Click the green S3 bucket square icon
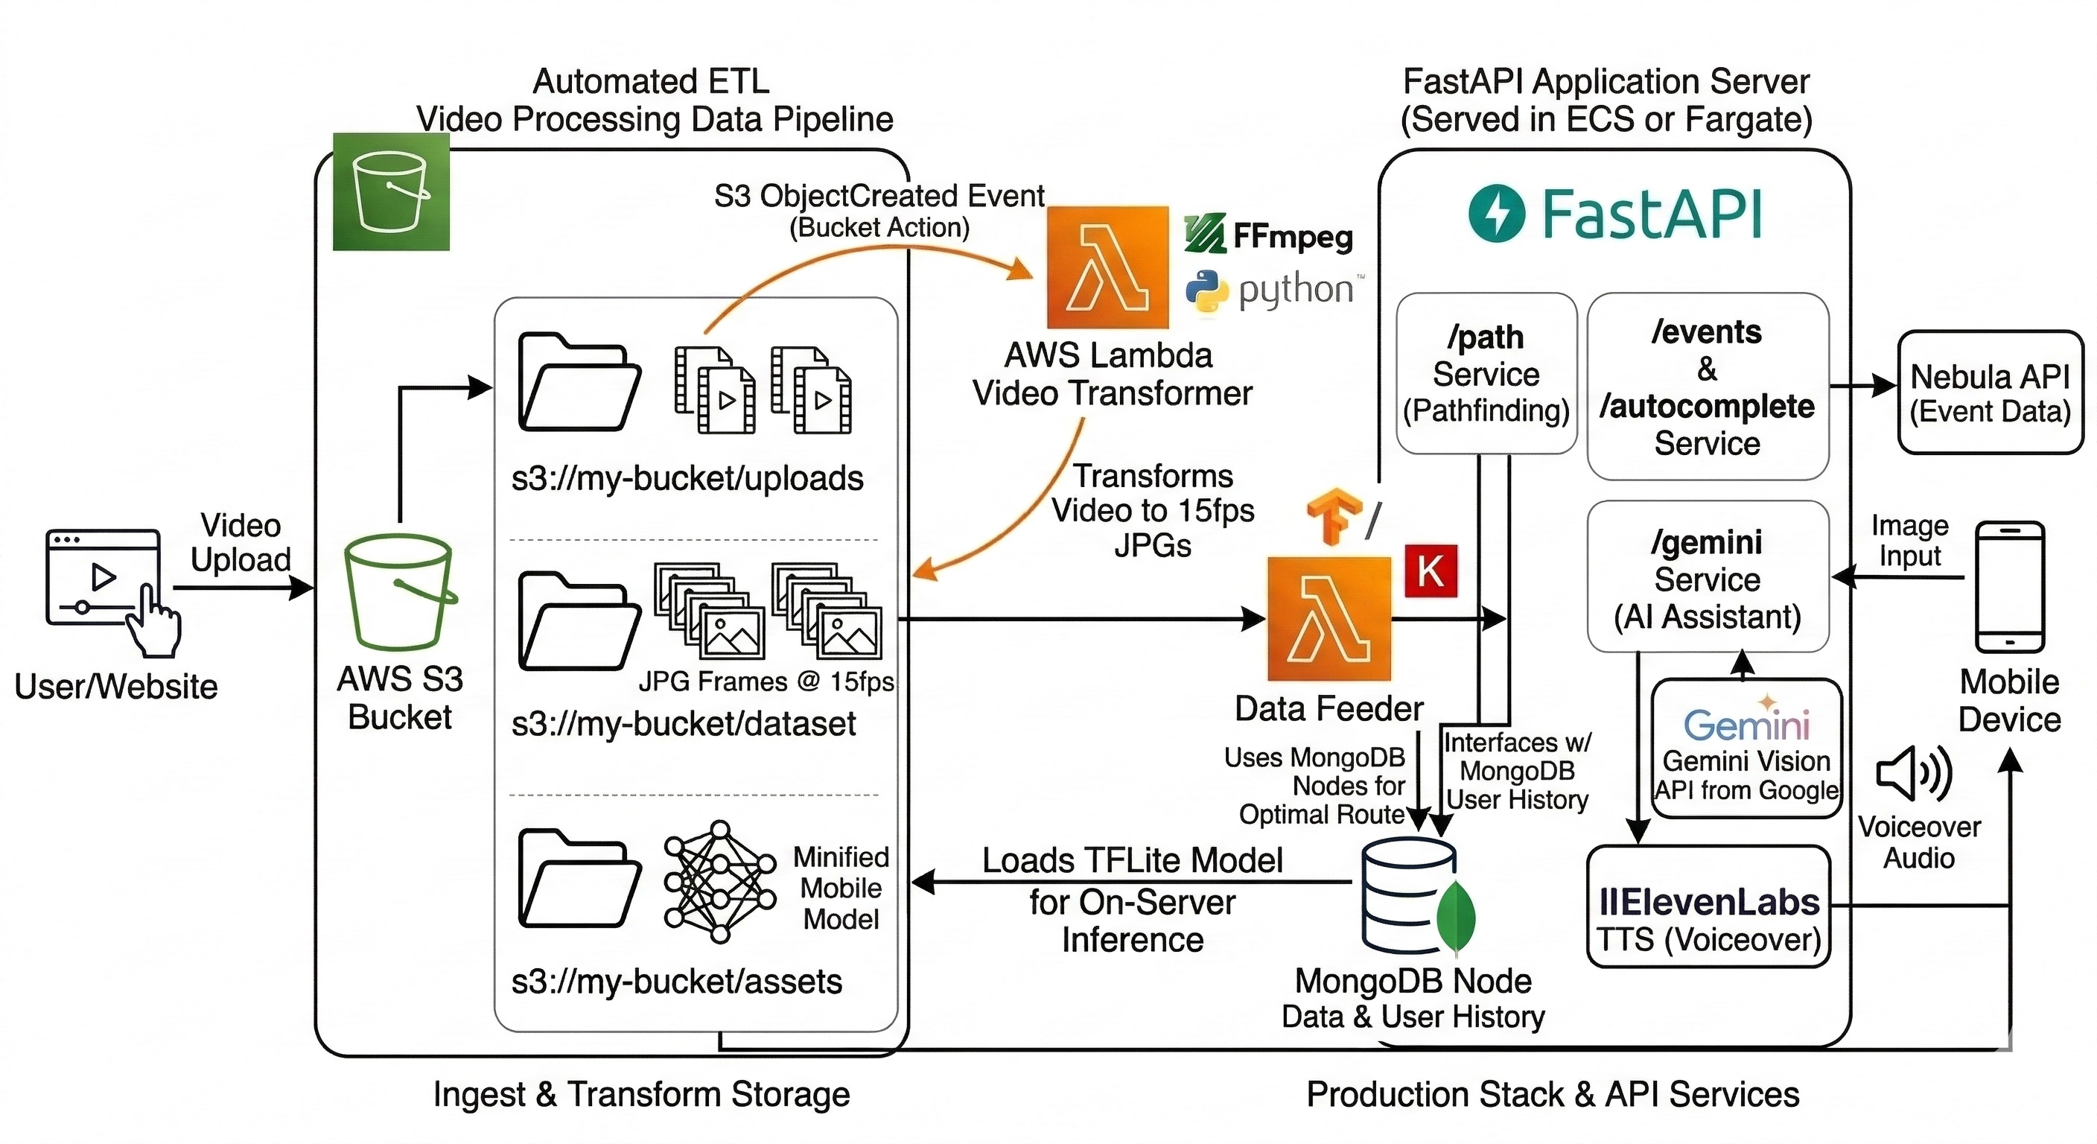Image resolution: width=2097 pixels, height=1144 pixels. [x=391, y=191]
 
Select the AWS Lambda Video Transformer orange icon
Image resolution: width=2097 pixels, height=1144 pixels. [x=1107, y=268]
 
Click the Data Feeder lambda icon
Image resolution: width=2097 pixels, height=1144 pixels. [x=1328, y=619]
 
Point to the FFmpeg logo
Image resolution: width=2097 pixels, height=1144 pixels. [x=1268, y=235]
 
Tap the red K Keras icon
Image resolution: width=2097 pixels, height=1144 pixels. [x=1431, y=571]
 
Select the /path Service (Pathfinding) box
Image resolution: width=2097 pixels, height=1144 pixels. [x=1486, y=374]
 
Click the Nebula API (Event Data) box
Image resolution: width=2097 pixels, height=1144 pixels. [x=1990, y=393]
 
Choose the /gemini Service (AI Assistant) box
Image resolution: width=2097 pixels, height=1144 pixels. [x=1707, y=577]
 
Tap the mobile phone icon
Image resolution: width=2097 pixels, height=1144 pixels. [x=2009, y=587]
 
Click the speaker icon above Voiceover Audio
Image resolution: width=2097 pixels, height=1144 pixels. [x=1913, y=772]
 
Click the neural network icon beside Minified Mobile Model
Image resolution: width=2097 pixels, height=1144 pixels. [x=719, y=882]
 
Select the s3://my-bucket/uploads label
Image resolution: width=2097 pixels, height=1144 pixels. [x=687, y=479]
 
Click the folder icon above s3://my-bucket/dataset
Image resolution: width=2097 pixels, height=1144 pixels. [x=579, y=622]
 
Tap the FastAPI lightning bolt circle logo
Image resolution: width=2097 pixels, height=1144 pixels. [x=1496, y=213]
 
